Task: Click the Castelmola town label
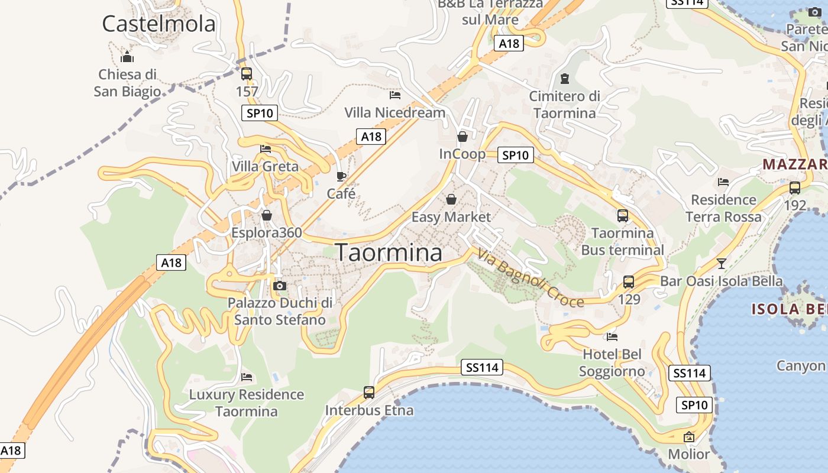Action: click(x=159, y=24)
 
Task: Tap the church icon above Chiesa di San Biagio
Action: click(x=127, y=57)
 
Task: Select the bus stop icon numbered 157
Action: click(x=247, y=74)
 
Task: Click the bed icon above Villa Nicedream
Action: click(x=395, y=95)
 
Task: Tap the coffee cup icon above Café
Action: click(x=341, y=176)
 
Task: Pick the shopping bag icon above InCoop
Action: click(x=462, y=137)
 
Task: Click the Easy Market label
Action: click(x=451, y=217)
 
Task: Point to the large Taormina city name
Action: click(x=389, y=252)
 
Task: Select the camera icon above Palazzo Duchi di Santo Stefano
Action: click(x=280, y=286)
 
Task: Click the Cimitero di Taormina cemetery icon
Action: click(x=564, y=78)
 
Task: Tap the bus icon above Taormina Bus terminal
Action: click(x=622, y=216)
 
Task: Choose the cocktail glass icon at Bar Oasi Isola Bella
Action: click(x=721, y=263)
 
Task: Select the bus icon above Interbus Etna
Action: click(x=368, y=392)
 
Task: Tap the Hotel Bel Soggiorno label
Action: click(x=612, y=362)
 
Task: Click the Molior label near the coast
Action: click(x=688, y=454)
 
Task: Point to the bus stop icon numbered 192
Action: click(x=795, y=188)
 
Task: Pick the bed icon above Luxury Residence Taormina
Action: click(x=247, y=377)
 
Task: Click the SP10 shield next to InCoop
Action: click(x=516, y=155)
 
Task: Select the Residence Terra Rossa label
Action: click(x=723, y=208)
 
